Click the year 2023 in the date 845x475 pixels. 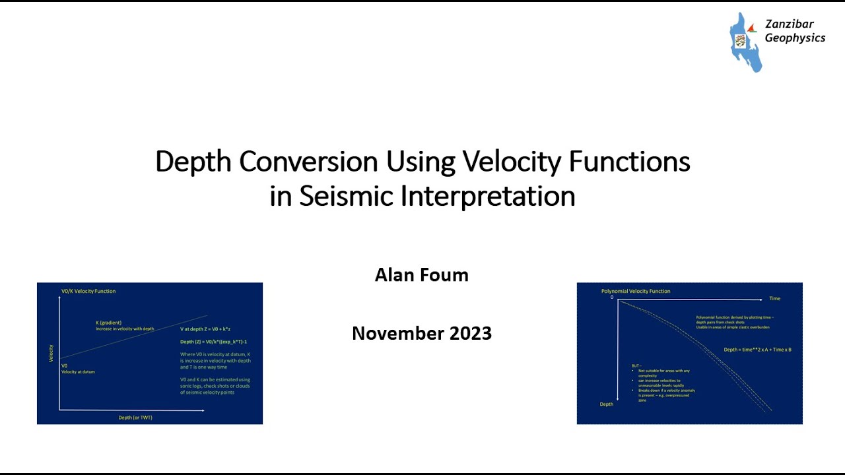(471, 333)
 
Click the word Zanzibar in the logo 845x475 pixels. (789, 24)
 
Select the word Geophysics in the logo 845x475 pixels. (795, 38)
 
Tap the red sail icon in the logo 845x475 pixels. (752, 28)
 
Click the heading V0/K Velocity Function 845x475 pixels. (88, 291)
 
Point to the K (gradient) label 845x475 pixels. (108, 323)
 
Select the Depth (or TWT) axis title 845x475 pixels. (135, 418)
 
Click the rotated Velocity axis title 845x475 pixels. (51, 354)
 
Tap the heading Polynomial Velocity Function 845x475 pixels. (635, 291)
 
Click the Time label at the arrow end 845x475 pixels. (774, 299)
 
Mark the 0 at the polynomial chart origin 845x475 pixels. (612, 298)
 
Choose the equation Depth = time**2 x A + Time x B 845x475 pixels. (757, 350)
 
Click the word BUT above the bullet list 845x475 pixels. (636, 365)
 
